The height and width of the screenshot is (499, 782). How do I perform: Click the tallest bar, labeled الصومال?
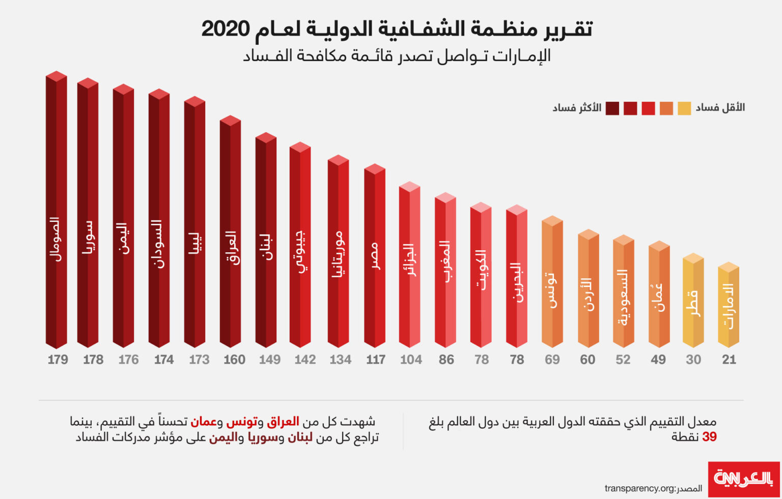[57, 214]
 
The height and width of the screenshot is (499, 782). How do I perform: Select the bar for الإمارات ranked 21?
[729, 305]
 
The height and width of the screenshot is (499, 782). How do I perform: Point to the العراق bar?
[230, 234]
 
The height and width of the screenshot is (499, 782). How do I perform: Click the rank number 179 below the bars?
[58, 360]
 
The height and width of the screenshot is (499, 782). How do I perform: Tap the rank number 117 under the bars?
[376, 360]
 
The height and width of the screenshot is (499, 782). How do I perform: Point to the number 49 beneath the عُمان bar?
[658, 360]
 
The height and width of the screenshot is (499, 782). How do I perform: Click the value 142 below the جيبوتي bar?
[305, 360]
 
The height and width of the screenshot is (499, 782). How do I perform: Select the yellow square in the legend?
[684, 108]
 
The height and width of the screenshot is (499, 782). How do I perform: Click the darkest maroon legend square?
[612, 108]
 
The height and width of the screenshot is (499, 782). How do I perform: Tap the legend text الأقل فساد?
[720, 107]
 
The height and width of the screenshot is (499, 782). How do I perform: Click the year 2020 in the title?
[226, 29]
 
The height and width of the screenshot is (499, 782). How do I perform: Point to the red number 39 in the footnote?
[709, 437]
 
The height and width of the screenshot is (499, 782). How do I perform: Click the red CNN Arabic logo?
[744, 479]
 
